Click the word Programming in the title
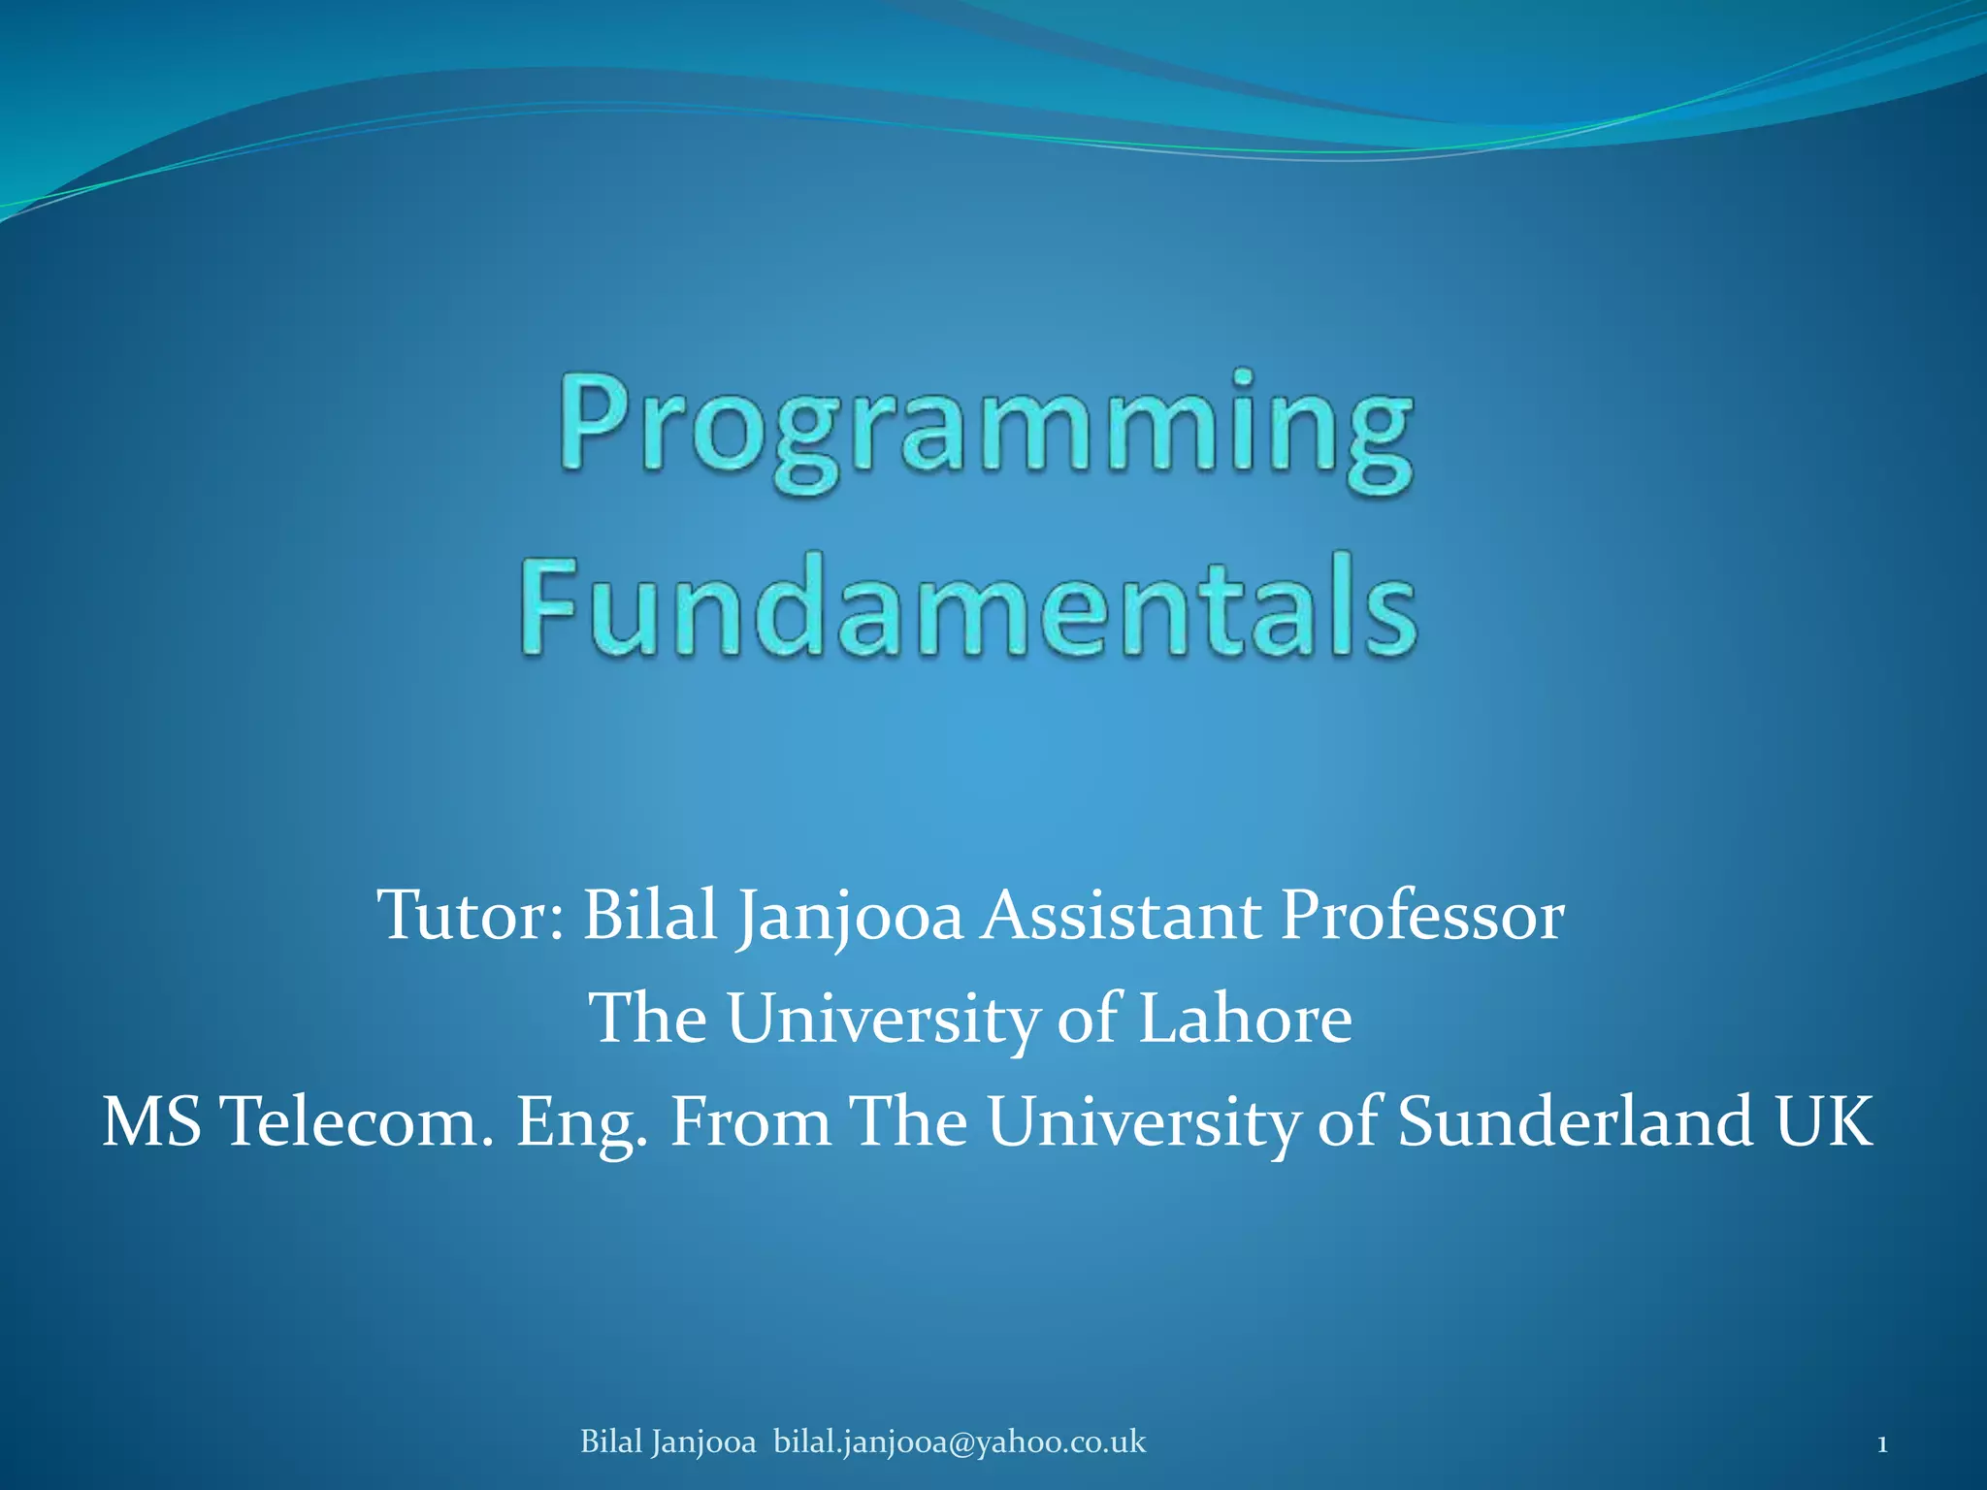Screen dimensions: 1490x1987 [985, 432]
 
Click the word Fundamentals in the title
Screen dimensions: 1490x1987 [968, 606]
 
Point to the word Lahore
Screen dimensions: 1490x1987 [1245, 1019]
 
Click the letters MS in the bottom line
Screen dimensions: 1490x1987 [151, 1121]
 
